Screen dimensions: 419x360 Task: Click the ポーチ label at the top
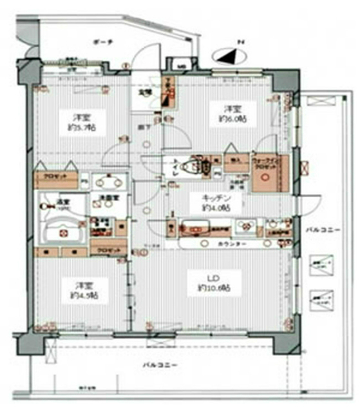[102, 41]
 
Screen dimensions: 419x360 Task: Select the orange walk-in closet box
[267, 172]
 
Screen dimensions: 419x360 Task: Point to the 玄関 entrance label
[146, 91]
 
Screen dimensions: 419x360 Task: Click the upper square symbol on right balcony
[320, 265]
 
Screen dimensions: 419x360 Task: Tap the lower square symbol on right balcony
[320, 297]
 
